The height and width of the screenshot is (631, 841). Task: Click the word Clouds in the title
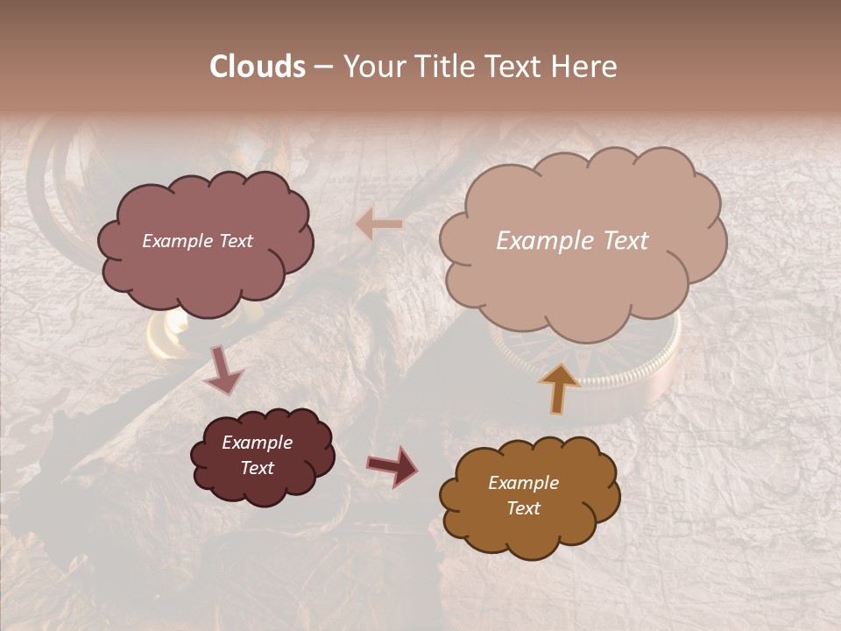coord(258,67)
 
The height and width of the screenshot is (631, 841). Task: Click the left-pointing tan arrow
coord(379,224)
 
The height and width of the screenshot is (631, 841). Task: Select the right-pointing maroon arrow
coord(393,465)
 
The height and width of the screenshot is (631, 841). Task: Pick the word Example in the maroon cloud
coord(257,443)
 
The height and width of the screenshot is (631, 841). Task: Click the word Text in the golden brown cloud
coord(523,508)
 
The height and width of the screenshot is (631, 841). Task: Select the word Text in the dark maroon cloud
coord(257,468)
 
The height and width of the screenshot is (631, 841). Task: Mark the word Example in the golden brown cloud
coord(523,483)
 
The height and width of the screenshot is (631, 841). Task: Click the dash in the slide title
coord(323,67)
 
